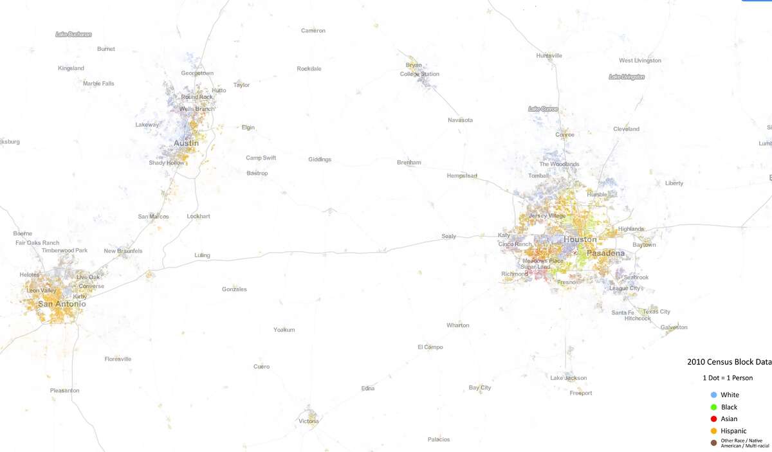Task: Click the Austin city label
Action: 186,143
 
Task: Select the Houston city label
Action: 580,239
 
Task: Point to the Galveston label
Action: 674,327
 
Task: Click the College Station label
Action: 419,74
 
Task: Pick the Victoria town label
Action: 308,421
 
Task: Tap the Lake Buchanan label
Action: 73,34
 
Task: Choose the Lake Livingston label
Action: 626,77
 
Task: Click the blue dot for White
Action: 713,395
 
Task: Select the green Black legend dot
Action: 713,407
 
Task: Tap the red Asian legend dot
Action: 713,419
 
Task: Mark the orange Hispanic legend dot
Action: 713,431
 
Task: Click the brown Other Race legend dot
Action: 713,443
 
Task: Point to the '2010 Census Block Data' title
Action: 729,362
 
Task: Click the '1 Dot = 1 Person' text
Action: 728,378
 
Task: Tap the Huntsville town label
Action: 549,56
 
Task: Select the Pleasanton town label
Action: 65,390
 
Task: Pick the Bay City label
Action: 480,388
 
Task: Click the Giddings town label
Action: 320,159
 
